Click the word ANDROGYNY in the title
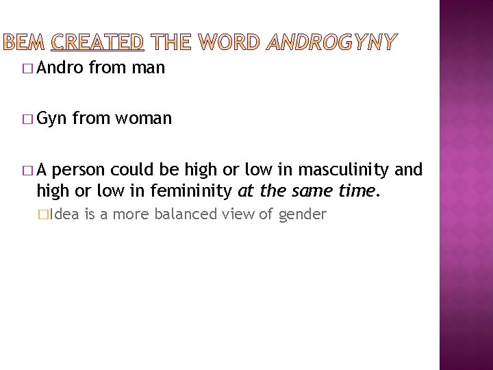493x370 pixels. [331, 43]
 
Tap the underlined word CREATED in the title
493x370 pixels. [97, 43]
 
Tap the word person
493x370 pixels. [88, 169]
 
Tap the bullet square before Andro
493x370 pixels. [27, 68]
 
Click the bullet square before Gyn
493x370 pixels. [27, 119]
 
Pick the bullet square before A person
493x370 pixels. [27, 170]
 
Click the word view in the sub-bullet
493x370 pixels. [240, 214]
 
